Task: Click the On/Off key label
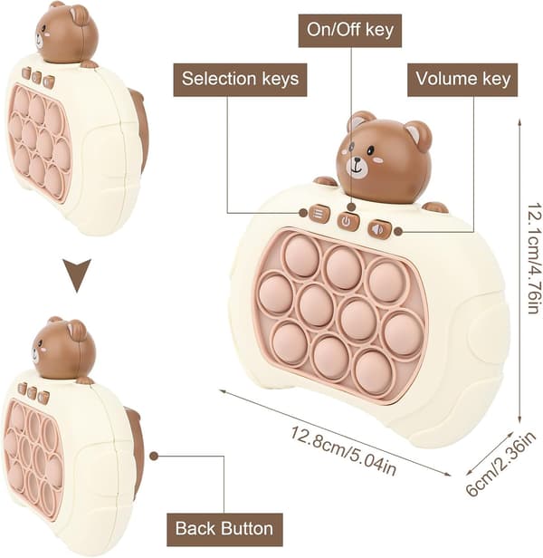[350, 30]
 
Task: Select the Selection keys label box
[240, 80]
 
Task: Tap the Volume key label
[462, 80]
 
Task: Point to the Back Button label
[224, 529]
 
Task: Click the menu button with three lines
[319, 214]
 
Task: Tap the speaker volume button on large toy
[378, 229]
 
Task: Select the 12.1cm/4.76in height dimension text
[534, 258]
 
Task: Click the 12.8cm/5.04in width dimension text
[344, 450]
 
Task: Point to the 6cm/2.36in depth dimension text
[500, 464]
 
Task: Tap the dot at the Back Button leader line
[154, 456]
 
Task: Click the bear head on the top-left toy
[66, 34]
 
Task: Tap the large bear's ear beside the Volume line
[418, 134]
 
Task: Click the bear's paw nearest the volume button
[435, 207]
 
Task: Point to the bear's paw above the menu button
[325, 181]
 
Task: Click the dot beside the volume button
[398, 232]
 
